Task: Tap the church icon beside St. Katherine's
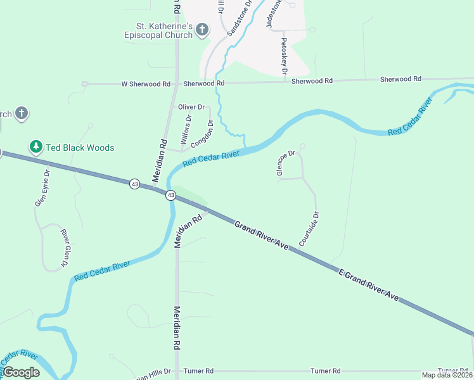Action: coord(202,29)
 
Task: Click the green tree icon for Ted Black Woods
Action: coord(36,148)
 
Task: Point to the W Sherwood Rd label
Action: coord(146,84)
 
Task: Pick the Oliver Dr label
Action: coord(191,107)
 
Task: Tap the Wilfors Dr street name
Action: coord(186,130)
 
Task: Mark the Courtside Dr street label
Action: coord(310,229)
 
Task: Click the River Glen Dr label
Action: coord(65,247)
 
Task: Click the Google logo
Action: coord(21,372)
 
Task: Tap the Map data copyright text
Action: coord(447,375)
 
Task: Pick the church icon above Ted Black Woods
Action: coord(22,114)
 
